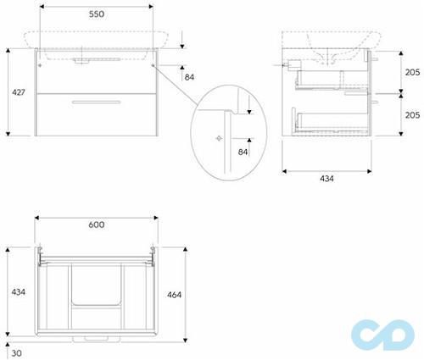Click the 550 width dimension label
click(97, 14)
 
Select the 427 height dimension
click(19, 92)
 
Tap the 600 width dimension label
click(97, 224)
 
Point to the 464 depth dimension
click(174, 295)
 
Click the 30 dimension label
click(17, 353)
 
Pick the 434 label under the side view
click(326, 179)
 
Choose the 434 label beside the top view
click(19, 292)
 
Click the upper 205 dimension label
click(412, 72)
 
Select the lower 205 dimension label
click(412, 115)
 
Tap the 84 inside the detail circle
click(243, 152)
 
